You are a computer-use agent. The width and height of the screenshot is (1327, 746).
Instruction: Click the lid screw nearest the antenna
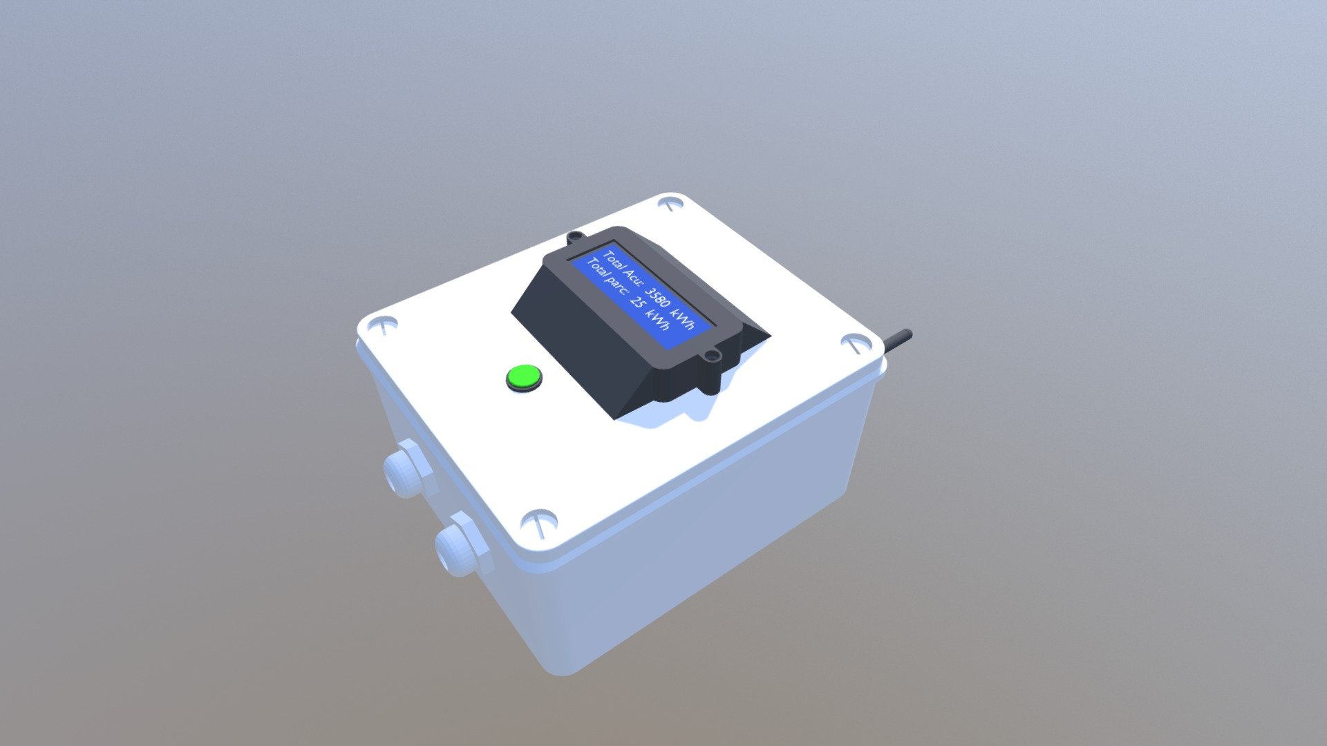(857, 343)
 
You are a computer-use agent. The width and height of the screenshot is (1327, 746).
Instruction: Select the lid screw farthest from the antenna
(382, 323)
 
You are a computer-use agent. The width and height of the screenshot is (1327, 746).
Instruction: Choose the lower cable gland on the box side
(462, 544)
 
